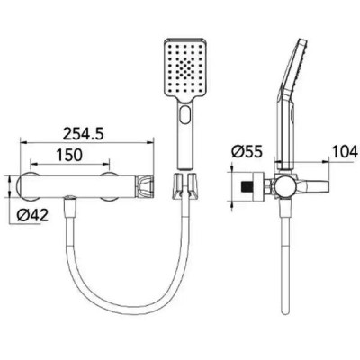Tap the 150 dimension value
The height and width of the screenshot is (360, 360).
(x=69, y=155)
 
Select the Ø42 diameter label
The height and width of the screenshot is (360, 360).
(x=32, y=215)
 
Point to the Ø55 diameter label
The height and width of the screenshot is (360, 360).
(x=247, y=151)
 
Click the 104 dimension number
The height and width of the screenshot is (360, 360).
(x=346, y=151)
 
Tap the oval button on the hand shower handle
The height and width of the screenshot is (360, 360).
(x=184, y=114)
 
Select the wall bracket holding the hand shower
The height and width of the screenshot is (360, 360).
(x=184, y=185)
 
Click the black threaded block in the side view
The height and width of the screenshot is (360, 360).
(x=247, y=187)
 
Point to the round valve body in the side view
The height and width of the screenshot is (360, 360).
(x=284, y=186)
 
